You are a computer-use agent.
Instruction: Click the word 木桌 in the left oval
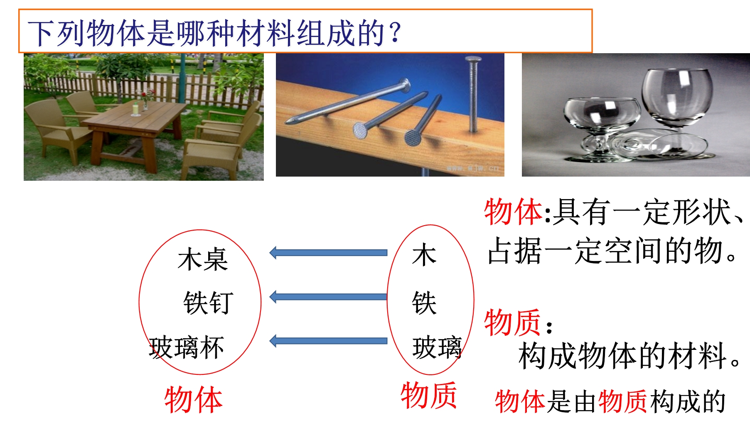(x=203, y=259)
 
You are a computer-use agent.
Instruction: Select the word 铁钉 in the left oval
(x=208, y=302)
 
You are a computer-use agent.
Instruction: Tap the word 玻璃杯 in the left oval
(x=187, y=347)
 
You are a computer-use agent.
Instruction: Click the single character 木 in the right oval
(x=424, y=255)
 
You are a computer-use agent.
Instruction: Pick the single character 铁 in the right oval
(x=424, y=302)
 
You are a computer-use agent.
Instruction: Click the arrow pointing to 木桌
(x=328, y=253)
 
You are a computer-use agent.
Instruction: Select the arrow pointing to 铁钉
(x=328, y=297)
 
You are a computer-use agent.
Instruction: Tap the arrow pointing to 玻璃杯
(x=328, y=341)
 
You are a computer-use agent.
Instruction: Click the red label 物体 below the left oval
(x=194, y=400)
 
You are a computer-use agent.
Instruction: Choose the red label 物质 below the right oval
(x=429, y=395)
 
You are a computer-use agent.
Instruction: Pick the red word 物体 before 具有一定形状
(x=513, y=211)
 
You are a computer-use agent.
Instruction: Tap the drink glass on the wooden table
(x=135, y=109)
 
